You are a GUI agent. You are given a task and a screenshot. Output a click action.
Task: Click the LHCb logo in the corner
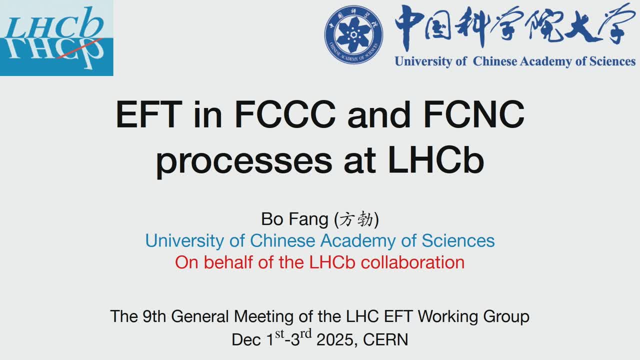pyautogui.click(x=56, y=37)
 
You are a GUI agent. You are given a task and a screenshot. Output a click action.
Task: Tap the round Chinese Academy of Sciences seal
pyautogui.click(x=353, y=34)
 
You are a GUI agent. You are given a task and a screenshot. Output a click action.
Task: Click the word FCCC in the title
pyautogui.click(x=285, y=114)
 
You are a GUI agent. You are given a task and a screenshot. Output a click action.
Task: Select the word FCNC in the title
pyautogui.click(x=473, y=114)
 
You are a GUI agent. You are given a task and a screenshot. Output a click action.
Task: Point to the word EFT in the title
pyautogui.click(x=148, y=114)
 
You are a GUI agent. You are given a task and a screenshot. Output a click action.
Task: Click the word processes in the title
pyautogui.click(x=243, y=162)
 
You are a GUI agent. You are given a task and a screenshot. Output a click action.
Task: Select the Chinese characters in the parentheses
pyautogui.click(x=356, y=219)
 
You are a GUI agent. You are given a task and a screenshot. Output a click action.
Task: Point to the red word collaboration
pyautogui.click(x=412, y=262)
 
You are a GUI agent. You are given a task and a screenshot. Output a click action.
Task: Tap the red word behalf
pyautogui.click(x=228, y=262)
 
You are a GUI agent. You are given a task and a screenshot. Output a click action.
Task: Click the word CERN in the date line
pyautogui.click(x=385, y=339)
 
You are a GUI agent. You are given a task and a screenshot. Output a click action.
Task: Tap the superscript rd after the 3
pyautogui.click(x=305, y=333)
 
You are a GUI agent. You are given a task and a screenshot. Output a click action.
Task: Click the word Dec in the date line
pyautogui.click(x=246, y=339)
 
